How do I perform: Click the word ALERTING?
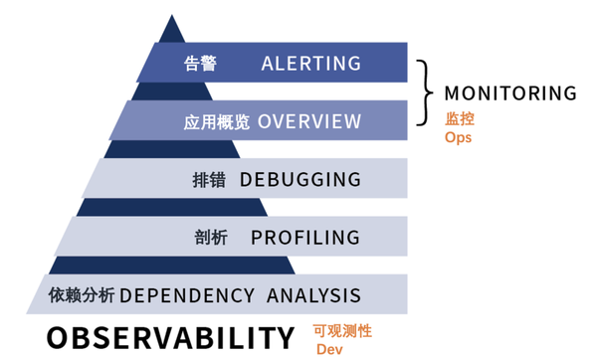pos(310,64)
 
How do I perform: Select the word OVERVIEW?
pos(309,121)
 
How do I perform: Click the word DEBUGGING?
pos(299,180)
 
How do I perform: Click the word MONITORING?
pos(510,93)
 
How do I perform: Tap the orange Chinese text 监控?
pos(459,118)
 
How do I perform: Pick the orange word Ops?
pos(458,137)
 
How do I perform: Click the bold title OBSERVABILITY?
pos(170,336)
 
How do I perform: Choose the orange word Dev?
pos(327,350)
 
